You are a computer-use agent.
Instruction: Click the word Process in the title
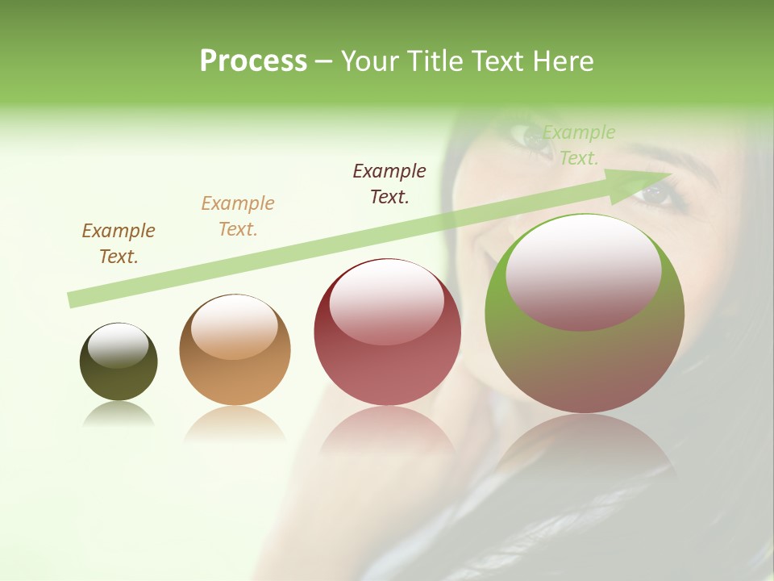pos(253,61)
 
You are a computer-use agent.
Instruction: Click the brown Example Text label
pos(119,244)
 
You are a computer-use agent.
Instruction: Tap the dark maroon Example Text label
pos(389,183)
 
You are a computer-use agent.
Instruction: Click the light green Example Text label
pos(579,145)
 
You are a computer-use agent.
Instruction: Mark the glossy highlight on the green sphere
pos(584,271)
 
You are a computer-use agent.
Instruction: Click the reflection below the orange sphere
pos(235,423)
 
